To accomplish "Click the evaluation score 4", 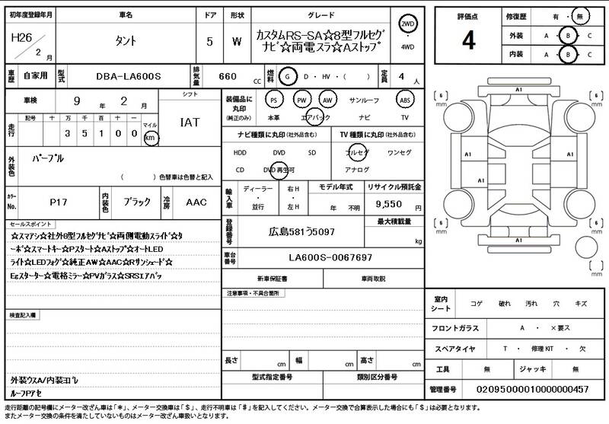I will coord(468,41).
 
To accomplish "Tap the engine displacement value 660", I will coord(228,77).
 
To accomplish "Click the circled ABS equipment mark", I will coord(405,100).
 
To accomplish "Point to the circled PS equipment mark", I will coord(274,100).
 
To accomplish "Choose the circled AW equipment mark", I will coord(327,100).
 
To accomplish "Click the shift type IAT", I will coord(190,122).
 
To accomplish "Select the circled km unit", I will coord(151,138).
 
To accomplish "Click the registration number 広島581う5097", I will coord(301,231).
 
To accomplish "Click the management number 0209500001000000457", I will coord(532,389).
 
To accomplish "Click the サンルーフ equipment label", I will coord(364,100).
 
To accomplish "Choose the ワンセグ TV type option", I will coord(400,152).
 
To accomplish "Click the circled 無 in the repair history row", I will coord(579,15).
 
